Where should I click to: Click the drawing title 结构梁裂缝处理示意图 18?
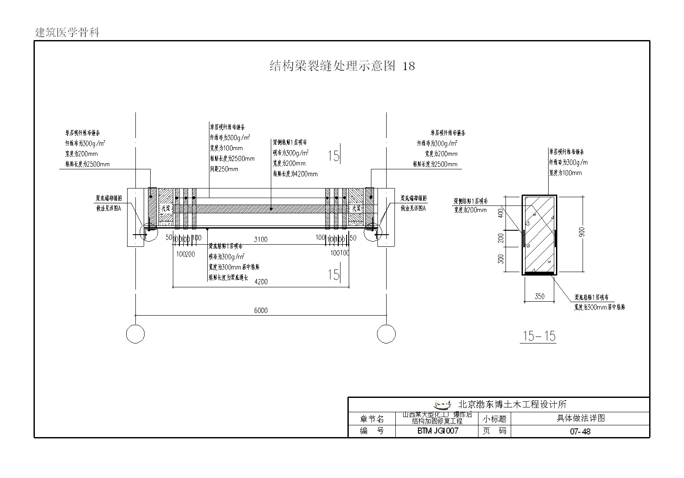(342, 66)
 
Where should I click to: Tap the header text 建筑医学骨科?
(67, 33)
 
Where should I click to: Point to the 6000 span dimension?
(260, 310)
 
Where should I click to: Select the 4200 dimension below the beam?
(261, 282)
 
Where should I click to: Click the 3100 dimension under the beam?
(261, 239)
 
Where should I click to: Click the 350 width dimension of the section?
(539, 296)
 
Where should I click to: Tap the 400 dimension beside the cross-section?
(501, 213)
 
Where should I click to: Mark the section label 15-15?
(539, 336)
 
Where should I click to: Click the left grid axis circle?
(135, 334)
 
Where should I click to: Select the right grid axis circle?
(386, 334)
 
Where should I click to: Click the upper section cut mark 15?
(334, 156)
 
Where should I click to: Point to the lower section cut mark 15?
(334, 275)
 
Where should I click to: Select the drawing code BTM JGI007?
(437, 431)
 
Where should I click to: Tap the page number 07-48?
(580, 431)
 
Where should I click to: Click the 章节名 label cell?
(372, 419)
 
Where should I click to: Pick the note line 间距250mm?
(224, 169)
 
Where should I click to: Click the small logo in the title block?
(443, 404)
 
